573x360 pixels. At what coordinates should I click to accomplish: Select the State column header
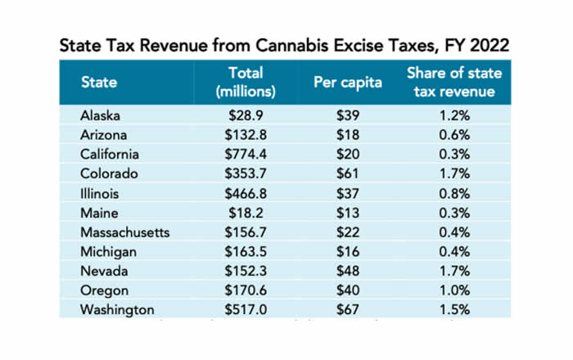(x=99, y=82)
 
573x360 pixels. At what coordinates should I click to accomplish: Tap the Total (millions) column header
(x=245, y=82)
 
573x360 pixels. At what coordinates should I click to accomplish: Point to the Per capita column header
(x=348, y=82)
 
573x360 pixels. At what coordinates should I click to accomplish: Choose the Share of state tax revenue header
(x=454, y=82)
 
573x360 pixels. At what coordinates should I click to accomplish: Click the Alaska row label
(x=102, y=115)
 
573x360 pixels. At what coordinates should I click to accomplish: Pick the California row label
(x=111, y=155)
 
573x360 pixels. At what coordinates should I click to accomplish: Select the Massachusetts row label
(x=125, y=232)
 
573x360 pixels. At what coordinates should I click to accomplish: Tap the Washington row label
(x=117, y=310)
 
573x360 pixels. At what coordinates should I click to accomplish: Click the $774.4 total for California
(x=245, y=155)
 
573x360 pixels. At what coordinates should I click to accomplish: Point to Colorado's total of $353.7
(x=245, y=174)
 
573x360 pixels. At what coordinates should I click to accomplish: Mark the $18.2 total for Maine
(x=245, y=213)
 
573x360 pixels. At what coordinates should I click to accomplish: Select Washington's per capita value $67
(x=348, y=310)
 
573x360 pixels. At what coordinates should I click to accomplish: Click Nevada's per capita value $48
(x=348, y=272)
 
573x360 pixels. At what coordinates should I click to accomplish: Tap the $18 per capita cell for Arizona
(x=348, y=135)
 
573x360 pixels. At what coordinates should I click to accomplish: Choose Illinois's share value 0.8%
(x=454, y=194)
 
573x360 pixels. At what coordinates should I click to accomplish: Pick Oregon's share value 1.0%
(x=454, y=291)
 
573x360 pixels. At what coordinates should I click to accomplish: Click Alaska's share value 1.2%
(x=454, y=115)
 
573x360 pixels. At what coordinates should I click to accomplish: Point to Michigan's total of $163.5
(x=245, y=252)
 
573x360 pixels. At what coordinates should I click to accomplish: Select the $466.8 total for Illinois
(x=245, y=194)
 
